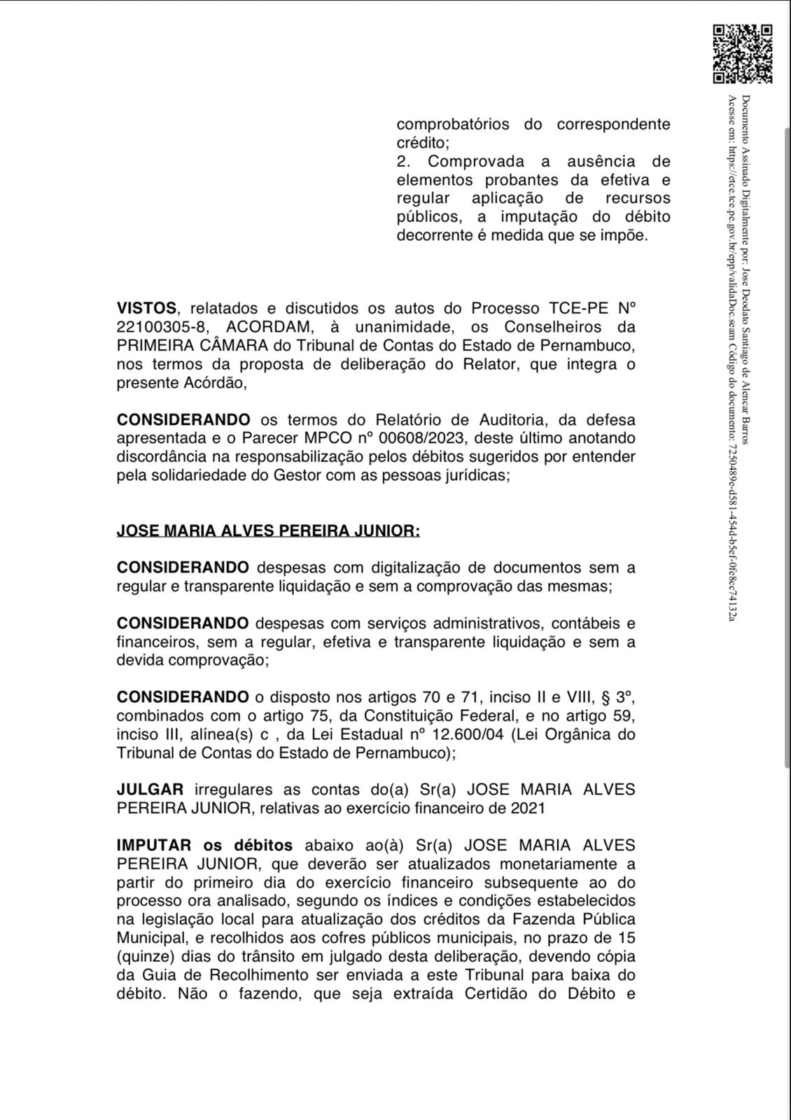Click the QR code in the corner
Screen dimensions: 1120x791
coord(743,54)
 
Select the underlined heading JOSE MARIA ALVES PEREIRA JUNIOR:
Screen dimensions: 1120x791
coord(268,531)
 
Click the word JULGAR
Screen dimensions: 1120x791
coord(150,790)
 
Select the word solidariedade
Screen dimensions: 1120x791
coord(190,476)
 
